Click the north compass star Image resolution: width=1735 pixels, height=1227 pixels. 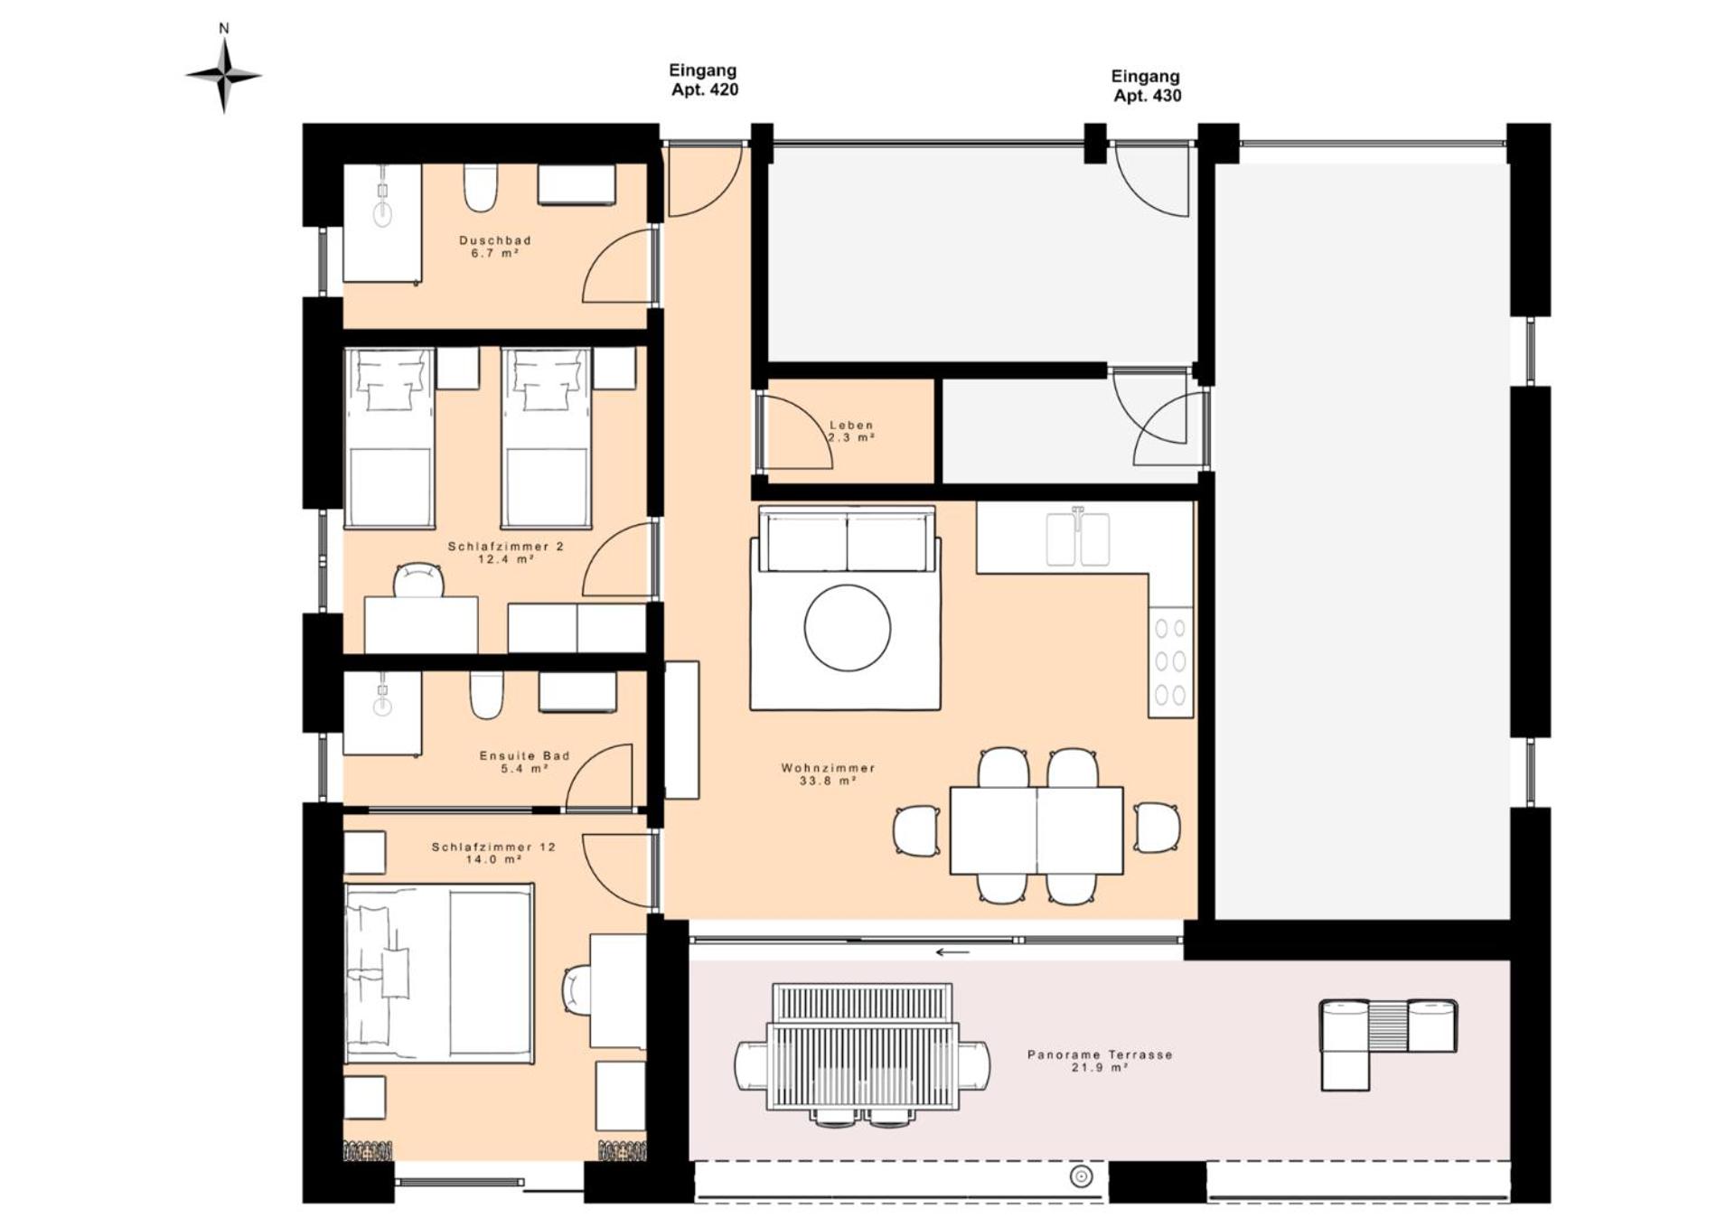click(224, 76)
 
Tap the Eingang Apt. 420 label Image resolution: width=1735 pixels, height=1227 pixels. click(704, 80)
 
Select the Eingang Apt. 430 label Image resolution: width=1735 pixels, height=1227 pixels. click(1146, 86)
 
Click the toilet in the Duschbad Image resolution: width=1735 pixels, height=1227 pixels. click(481, 187)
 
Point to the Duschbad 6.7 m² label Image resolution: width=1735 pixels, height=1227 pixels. click(495, 247)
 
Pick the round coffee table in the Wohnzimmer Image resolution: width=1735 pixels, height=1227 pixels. click(848, 627)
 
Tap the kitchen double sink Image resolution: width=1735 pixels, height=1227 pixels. click(1078, 539)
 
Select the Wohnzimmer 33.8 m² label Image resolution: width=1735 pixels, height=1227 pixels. click(828, 774)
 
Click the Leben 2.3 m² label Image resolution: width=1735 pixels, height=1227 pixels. click(851, 431)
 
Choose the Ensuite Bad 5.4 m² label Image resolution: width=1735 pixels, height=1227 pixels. click(524, 762)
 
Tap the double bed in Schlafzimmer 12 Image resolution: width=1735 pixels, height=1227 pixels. click(439, 973)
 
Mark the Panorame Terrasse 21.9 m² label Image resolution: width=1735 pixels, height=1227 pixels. click(1100, 1061)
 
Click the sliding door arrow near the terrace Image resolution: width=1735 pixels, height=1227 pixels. click(952, 951)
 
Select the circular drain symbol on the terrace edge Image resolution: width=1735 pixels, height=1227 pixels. click(1081, 1175)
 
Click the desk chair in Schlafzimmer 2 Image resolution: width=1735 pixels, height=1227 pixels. click(418, 580)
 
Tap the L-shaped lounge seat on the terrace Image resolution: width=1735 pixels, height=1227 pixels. click(1387, 1044)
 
